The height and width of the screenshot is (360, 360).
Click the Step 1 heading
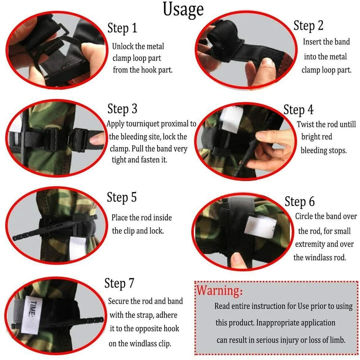pos(122,28)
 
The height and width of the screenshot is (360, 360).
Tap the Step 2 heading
pos(308,26)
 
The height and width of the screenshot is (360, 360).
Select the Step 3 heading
pos(122,109)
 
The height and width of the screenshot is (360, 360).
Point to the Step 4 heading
pos(298,109)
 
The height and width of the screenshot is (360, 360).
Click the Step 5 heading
pos(121,197)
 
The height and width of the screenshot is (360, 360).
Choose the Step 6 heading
pos(300,201)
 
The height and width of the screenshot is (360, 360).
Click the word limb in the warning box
pos(335,340)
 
